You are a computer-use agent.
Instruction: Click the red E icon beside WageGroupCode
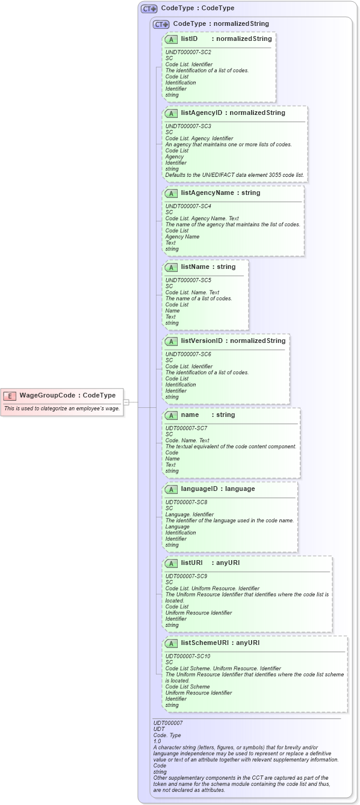[x=10, y=395]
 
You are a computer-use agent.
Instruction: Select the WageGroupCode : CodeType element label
[x=67, y=395]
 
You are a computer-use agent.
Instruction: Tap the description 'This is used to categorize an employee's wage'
[x=62, y=409]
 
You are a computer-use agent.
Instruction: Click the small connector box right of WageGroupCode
[x=126, y=402]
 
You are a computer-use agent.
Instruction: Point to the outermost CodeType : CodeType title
[x=197, y=8]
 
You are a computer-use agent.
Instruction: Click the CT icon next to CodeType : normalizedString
[x=161, y=24]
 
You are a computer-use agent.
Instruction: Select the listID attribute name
[x=190, y=39]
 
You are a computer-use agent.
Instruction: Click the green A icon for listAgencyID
[x=171, y=113]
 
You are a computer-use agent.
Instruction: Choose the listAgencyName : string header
[x=221, y=193]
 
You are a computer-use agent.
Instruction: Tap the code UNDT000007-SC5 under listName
[x=188, y=280]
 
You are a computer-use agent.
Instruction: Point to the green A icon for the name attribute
[x=171, y=415]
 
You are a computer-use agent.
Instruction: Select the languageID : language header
[x=218, y=489]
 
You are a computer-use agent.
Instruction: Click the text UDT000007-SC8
[x=187, y=502]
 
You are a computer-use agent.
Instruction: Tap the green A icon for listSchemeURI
[x=171, y=643]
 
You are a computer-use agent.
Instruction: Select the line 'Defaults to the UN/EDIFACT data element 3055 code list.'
[x=235, y=175]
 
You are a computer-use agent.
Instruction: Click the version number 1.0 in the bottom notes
[x=157, y=741]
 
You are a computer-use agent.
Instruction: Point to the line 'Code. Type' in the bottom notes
[x=167, y=735]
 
